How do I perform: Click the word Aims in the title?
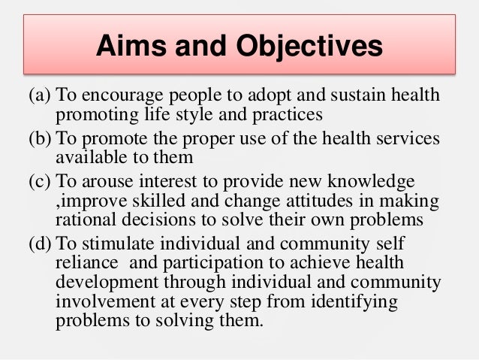(x=131, y=47)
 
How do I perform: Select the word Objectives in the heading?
(x=301, y=47)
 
